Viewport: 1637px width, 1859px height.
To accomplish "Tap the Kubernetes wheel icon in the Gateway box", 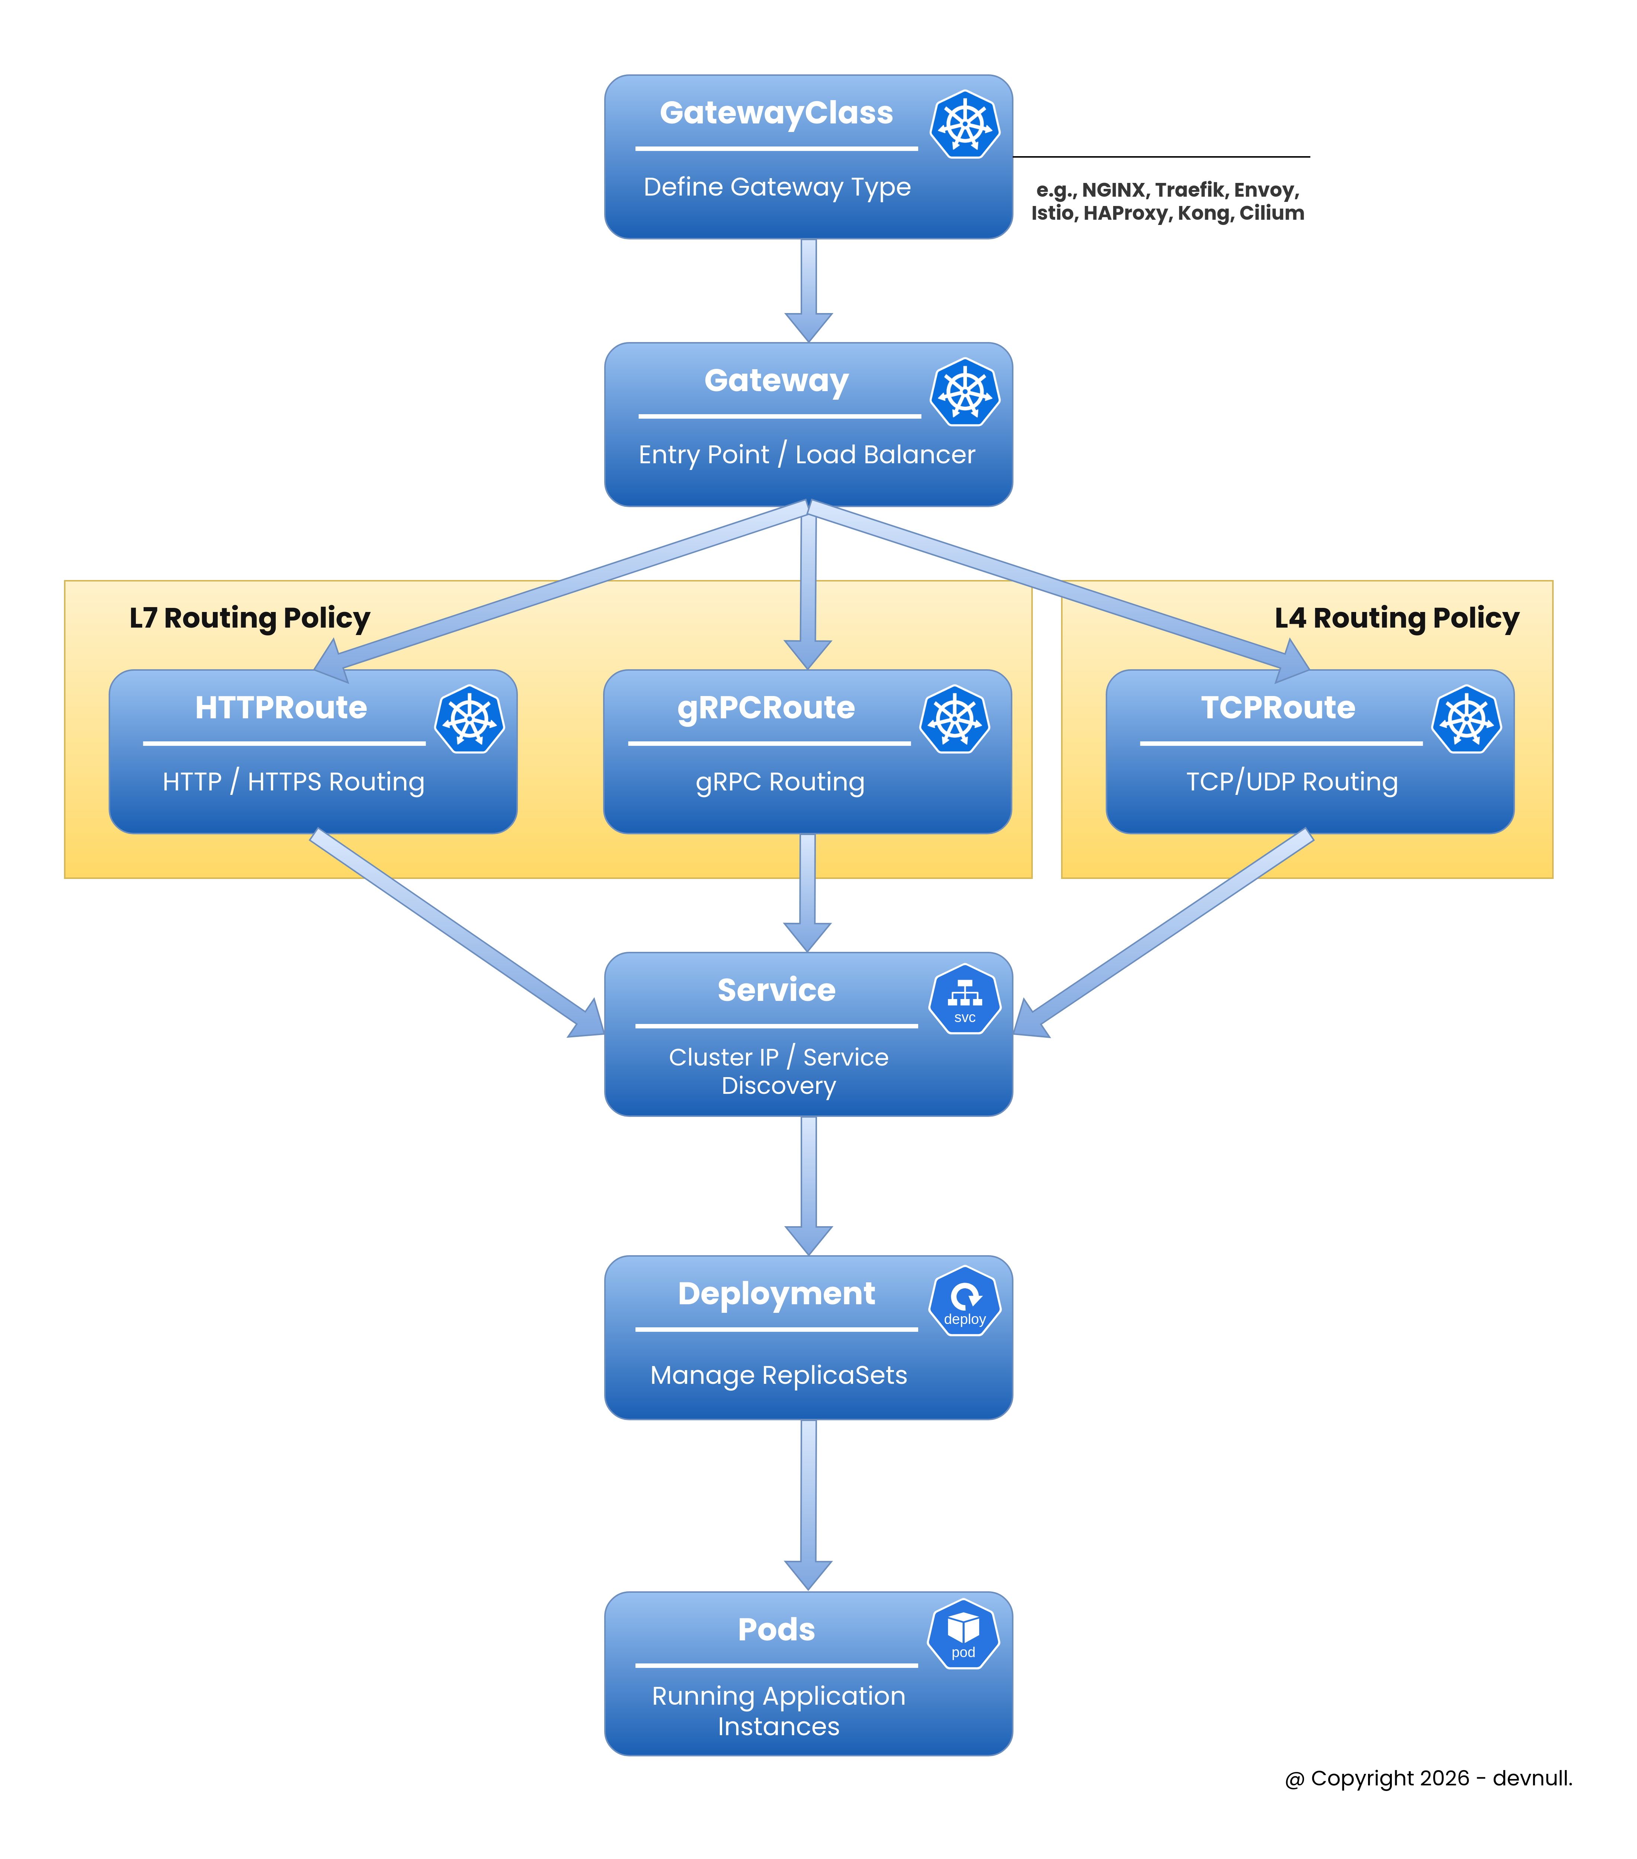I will (965, 392).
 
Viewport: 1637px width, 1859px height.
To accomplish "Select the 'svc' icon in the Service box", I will (965, 999).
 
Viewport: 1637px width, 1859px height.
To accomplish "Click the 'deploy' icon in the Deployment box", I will (965, 1301).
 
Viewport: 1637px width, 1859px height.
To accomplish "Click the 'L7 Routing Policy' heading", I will (249, 618).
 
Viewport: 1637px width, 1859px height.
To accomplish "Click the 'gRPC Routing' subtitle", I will (780, 782).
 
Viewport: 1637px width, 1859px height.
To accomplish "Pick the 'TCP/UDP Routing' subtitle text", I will (1291, 782).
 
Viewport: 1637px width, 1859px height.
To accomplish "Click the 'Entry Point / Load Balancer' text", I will (806, 455).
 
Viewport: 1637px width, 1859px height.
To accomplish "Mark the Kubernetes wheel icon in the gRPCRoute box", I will (955, 719).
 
